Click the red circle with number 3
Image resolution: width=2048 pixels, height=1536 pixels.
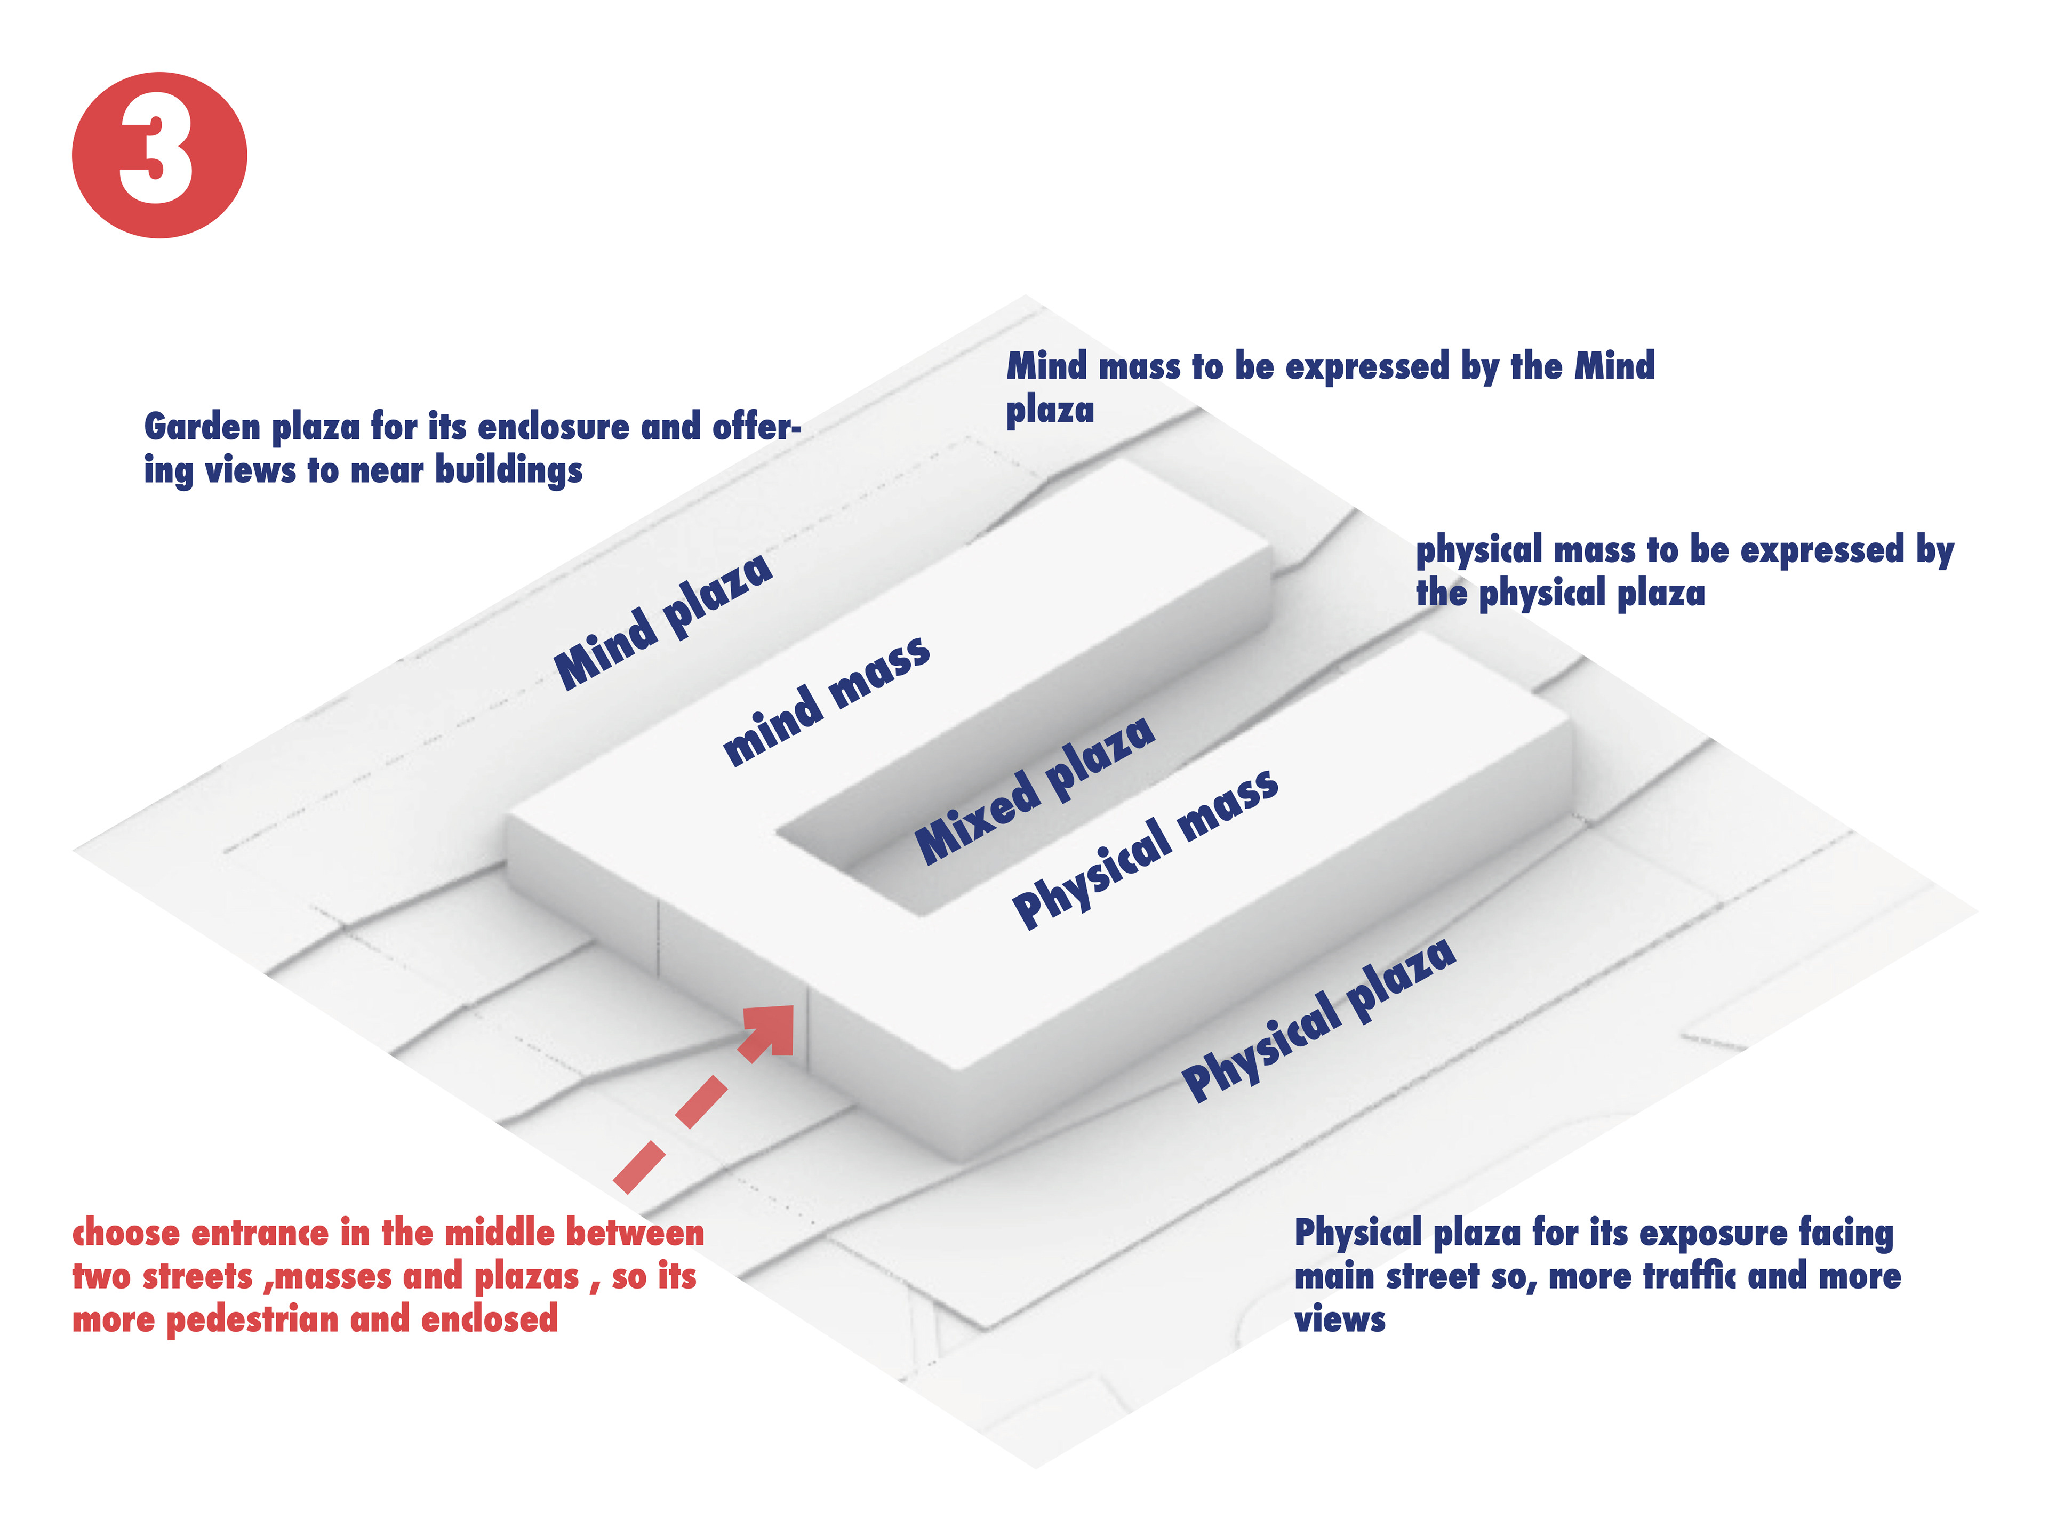point(159,155)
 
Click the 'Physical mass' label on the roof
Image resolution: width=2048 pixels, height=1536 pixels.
point(1145,847)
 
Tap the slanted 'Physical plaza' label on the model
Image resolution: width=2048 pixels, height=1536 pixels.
point(1318,1019)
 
